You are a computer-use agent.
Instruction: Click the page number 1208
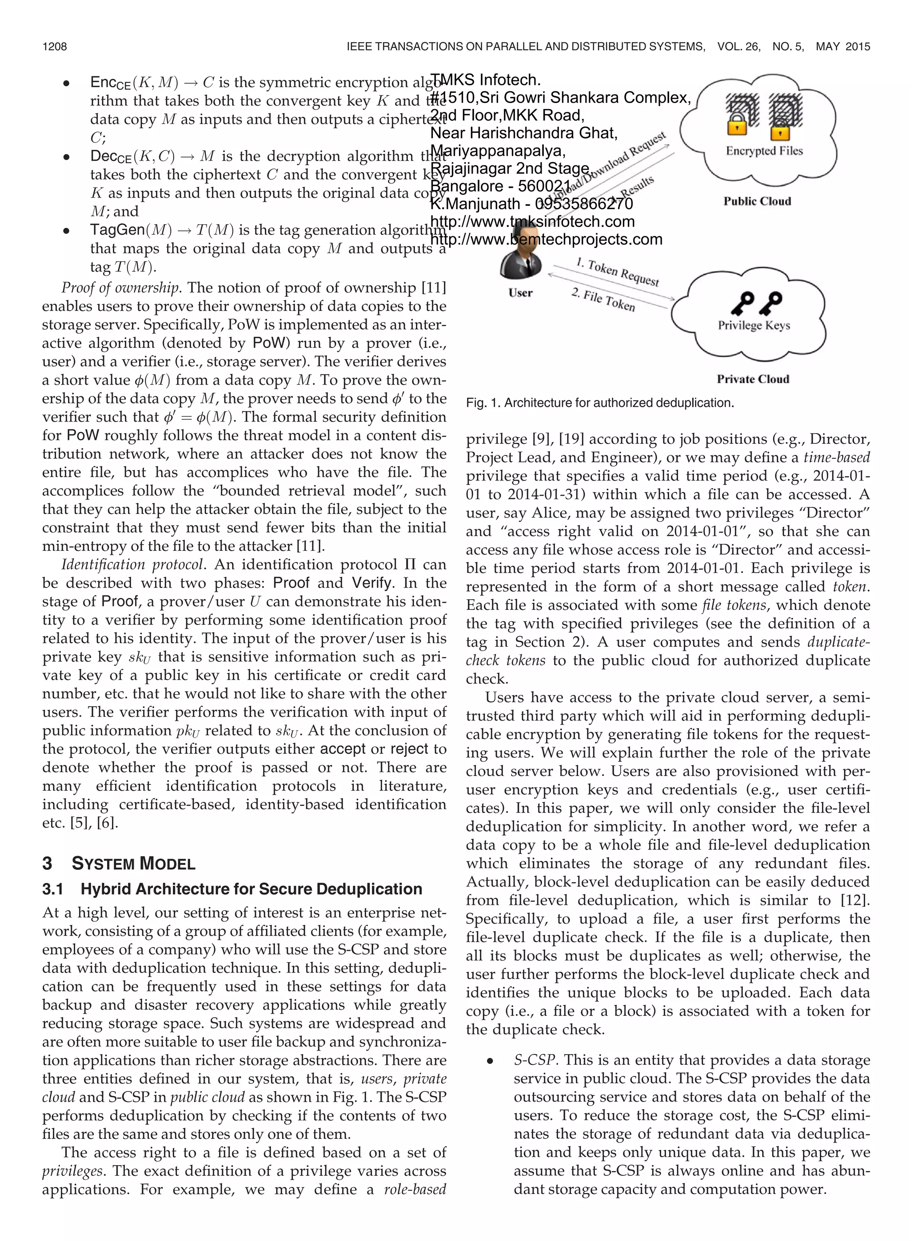coord(55,47)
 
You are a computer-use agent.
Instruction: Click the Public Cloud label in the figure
coord(757,202)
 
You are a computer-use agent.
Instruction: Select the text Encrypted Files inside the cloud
coord(764,151)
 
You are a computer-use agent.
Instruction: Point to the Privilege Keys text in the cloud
coord(754,325)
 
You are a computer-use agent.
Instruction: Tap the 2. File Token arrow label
coord(603,300)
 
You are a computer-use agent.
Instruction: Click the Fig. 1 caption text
coord(599,403)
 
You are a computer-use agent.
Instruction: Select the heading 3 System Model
coord(119,863)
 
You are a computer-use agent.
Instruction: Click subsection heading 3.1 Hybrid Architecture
coord(232,889)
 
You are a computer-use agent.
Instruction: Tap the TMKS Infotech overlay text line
coord(485,80)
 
